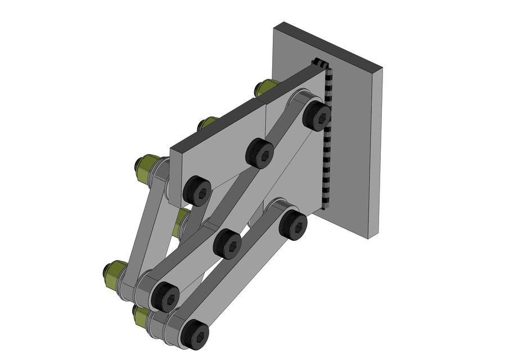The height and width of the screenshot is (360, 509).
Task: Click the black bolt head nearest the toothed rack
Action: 316,116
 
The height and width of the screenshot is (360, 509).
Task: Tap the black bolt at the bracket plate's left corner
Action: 197,190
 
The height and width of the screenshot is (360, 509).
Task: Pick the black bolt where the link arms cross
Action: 228,243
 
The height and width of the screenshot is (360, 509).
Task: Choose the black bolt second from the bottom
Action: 164,296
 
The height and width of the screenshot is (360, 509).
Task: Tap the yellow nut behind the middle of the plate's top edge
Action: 207,123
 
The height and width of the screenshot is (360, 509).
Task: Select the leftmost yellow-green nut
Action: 113,273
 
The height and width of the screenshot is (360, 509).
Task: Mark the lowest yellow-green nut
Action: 141,316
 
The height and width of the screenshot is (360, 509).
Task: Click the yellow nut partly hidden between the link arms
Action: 182,222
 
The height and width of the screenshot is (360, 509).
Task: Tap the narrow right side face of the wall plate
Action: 376,152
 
